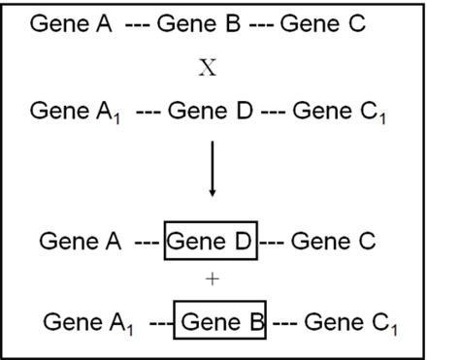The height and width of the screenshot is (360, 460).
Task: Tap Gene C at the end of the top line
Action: click(323, 23)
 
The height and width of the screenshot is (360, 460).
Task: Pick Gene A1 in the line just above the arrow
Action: click(75, 115)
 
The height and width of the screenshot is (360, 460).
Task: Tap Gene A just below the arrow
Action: click(82, 241)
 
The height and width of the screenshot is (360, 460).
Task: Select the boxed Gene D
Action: click(211, 241)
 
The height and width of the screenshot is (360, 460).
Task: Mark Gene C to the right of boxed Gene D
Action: click(334, 241)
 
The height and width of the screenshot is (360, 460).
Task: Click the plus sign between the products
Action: click(214, 279)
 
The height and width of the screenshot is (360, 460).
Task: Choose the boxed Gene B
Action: click(221, 319)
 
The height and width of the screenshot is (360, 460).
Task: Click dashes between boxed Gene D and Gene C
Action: click(272, 241)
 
